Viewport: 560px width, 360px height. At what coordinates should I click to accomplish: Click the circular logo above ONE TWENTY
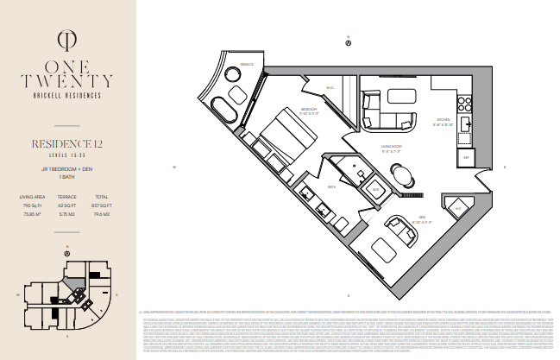(67, 40)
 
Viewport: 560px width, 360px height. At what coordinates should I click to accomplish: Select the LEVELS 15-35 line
(67, 153)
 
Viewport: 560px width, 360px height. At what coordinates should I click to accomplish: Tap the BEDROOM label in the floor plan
(309, 110)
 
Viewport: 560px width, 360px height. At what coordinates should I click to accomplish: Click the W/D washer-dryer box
(377, 189)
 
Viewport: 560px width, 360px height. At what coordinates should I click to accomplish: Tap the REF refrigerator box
(467, 158)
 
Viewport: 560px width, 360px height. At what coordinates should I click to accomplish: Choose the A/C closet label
(459, 208)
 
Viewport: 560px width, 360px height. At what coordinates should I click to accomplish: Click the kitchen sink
(467, 124)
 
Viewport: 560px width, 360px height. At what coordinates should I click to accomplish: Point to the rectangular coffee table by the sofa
(400, 95)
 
